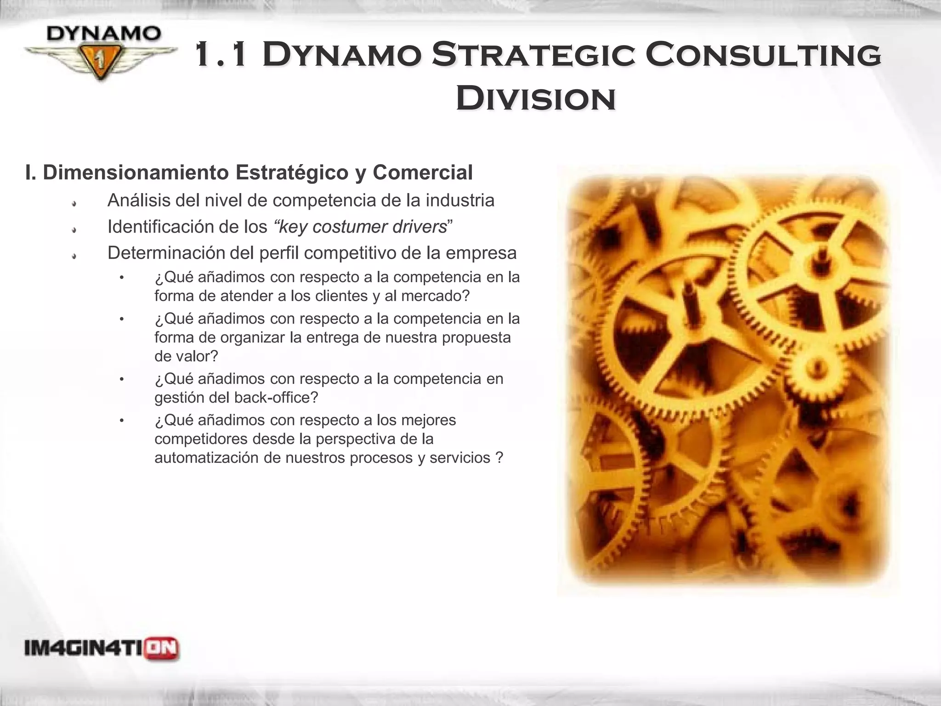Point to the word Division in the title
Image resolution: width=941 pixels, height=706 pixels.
536,99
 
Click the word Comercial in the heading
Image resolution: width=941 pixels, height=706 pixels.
422,172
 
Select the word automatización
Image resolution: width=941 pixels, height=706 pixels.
206,458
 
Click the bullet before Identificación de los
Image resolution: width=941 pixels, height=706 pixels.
74,229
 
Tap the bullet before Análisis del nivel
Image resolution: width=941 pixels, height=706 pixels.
74,203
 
